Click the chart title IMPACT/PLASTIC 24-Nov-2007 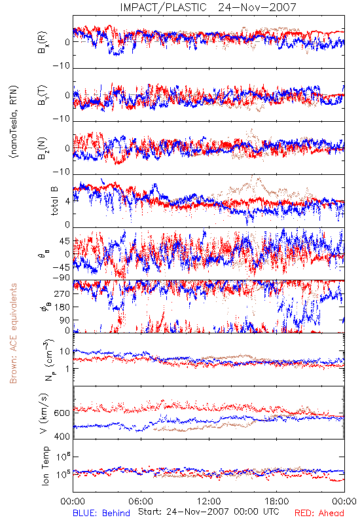(207, 7)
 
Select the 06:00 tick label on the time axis (141, 501)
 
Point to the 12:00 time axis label (209, 501)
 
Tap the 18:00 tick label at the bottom (277, 501)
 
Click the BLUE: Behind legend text (101, 513)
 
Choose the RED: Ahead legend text (319, 513)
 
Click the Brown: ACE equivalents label (13, 333)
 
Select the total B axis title (54, 201)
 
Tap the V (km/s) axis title (45, 413)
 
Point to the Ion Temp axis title (45, 466)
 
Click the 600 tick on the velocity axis (62, 413)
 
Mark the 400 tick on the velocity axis (62, 436)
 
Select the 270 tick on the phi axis (62, 293)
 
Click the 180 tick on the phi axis (62, 307)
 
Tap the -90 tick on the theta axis (61, 277)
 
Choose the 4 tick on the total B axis (67, 201)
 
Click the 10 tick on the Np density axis (65, 351)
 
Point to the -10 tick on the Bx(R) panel (62, 65)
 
